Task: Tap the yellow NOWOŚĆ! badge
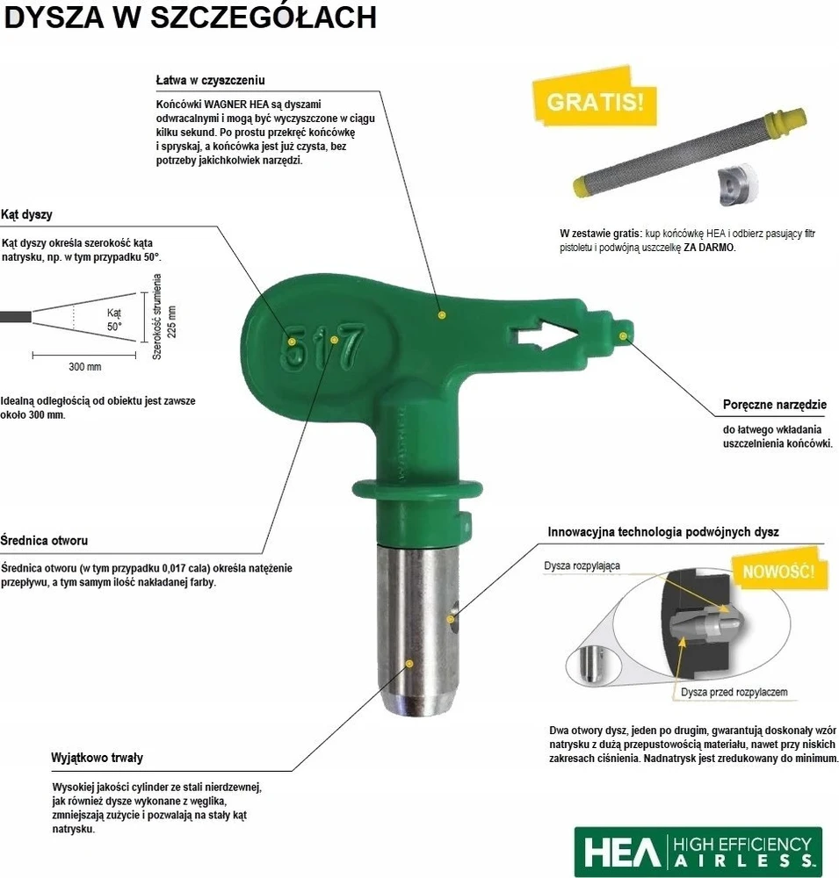(778, 572)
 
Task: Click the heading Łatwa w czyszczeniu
(210, 80)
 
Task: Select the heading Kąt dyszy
(26, 214)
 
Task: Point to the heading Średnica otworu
(44, 540)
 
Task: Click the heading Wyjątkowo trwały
(97, 758)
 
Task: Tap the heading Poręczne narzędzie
(775, 404)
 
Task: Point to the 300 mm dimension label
(85, 367)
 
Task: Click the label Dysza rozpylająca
(582, 565)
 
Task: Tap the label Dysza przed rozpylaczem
(734, 692)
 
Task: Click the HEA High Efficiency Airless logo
(698, 852)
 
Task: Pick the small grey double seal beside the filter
(736, 184)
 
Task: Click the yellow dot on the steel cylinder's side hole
(450, 619)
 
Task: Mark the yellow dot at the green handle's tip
(623, 335)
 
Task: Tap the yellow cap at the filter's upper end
(789, 119)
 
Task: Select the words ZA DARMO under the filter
(708, 248)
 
